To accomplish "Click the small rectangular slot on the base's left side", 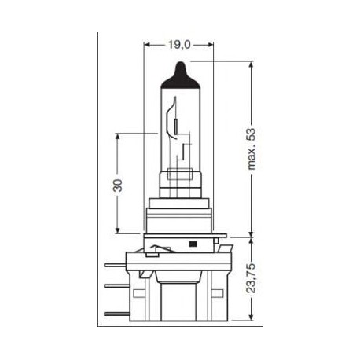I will click(x=148, y=253).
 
